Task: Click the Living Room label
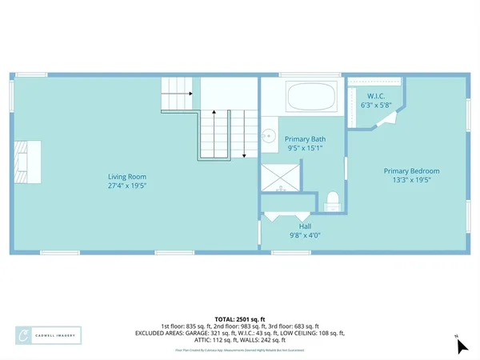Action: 127,177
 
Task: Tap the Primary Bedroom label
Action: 411,171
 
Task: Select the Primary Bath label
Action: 305,138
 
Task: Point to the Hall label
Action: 302,226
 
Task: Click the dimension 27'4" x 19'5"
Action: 127,186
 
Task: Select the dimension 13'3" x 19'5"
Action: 411,181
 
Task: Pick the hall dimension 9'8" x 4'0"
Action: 302,236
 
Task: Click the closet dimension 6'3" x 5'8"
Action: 374,105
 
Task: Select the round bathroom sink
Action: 270,134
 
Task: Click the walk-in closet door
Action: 387,119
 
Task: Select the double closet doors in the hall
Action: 286,216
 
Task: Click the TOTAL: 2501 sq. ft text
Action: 239,318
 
